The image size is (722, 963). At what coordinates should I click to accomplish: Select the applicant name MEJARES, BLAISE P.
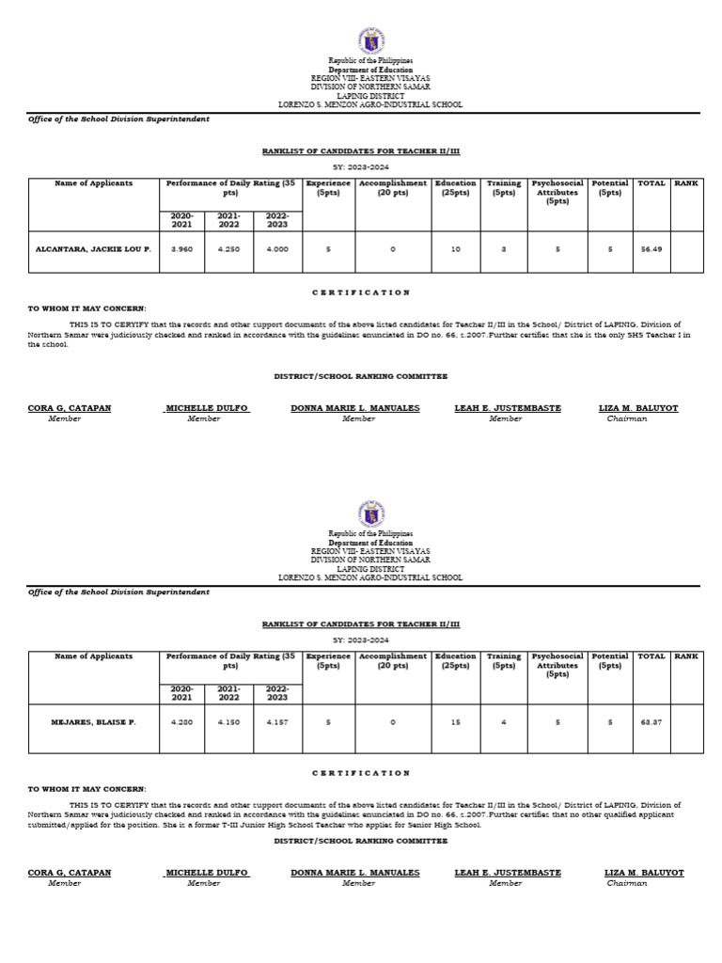pos(94,722)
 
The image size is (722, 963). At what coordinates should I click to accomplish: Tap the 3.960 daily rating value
pos(182,249)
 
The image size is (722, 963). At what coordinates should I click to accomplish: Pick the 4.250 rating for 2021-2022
pos(229,249)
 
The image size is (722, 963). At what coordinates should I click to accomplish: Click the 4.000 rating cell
pos(276,249)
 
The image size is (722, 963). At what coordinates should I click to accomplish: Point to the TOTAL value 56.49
pos(651,249)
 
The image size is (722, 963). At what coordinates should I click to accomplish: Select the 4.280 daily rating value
pos(182,722)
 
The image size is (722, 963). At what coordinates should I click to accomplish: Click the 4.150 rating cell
pos(229,722)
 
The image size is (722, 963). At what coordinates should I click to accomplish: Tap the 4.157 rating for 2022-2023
pos(276,722)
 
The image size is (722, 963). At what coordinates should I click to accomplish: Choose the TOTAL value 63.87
pos(651,722)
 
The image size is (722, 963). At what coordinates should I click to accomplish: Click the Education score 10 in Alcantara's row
pos(455,249)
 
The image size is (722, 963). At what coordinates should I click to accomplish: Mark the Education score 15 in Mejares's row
pos(455,722)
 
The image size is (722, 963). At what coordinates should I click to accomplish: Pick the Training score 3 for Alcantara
pos(504,249)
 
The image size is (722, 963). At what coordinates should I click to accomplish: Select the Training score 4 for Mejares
pos(504,722)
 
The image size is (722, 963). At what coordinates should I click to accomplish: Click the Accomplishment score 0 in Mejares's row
pos(393,722)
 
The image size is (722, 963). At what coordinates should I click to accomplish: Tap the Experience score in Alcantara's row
pos(328,249)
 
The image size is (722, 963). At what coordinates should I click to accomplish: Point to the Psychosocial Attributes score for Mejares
pos(557,722)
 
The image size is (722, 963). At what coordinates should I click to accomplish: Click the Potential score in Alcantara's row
pos(610,249)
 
